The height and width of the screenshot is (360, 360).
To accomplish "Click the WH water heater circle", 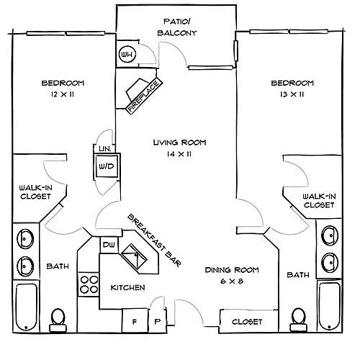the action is [x=127, y=54].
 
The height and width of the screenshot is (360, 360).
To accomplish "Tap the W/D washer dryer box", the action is [x=107, y=166].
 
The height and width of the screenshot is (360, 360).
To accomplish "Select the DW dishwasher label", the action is [x=109, y=245].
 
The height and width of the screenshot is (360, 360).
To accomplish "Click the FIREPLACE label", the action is [x=144, y=96].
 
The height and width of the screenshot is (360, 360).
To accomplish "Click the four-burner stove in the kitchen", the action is [x=89, y=284].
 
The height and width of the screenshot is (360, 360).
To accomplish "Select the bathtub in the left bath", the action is [x=27, y=307].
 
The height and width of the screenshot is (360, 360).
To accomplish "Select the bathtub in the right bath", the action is [x=329, y=305].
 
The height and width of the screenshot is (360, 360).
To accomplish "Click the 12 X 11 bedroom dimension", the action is [x=63, y=94].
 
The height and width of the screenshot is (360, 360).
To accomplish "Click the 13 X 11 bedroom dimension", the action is [x=292, y=94].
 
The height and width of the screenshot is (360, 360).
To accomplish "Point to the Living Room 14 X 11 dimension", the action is [x=179, y=154].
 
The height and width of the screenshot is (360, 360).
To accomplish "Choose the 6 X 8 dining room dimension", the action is [x=232, y=281].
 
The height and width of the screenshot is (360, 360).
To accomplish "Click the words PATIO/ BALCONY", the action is [x=177, y=27].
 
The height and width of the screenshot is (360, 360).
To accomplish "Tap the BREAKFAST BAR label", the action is [x=154, y=240].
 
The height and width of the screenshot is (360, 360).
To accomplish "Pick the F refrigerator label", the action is [x=135, y=322].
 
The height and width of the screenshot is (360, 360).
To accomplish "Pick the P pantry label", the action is [x=157, y=322].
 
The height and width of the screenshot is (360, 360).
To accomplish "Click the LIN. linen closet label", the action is [x=105, y=149].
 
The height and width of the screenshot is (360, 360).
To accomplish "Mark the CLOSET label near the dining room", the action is [x=247, y=322].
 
